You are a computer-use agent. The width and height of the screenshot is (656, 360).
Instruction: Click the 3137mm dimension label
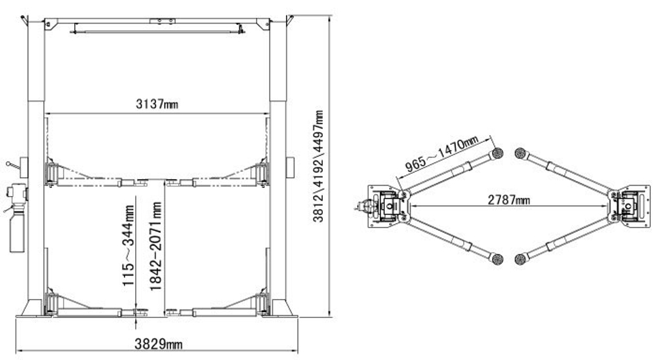click(x=157, y=104)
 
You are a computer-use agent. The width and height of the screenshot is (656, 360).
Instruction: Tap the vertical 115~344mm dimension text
click(x=129, y=245)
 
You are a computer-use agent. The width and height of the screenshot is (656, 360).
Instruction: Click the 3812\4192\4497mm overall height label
click(x=318, y=167)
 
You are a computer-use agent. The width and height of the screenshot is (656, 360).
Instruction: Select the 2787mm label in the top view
click(x=509, y=200)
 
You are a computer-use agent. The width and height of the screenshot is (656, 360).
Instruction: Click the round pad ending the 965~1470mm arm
click(x=496, y=153)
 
